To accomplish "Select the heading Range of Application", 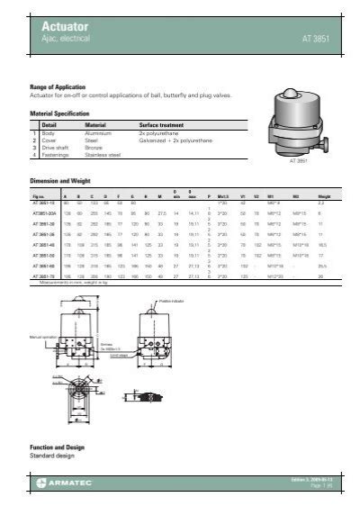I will (x=60, y=86).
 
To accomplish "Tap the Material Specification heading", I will (x=61, y=114).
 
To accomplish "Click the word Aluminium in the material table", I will (x=97, y=133).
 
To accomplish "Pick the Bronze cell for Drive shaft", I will (x=94, y=148).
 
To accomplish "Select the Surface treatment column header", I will (x=162, y=125).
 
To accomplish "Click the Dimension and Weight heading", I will (x=64, y=181).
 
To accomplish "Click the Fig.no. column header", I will (x=39, y=195).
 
